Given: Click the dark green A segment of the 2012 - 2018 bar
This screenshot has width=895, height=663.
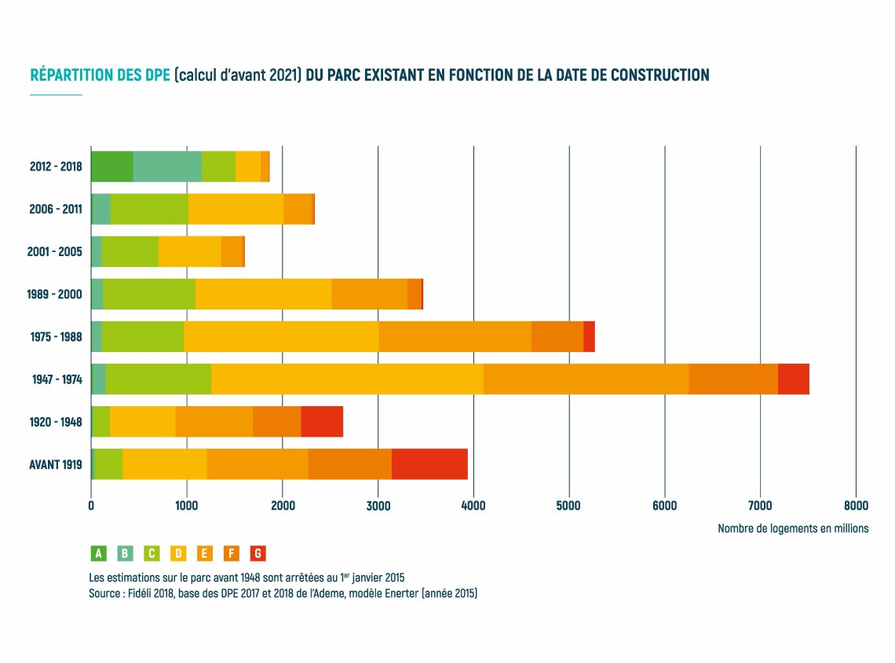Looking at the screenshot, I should click(112, 167).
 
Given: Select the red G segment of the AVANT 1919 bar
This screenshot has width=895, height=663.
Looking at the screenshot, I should click(429, 464).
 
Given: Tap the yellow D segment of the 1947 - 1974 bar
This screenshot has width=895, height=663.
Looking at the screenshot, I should click(347, 379).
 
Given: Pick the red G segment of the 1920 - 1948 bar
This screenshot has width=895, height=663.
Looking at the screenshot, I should click(322, 422).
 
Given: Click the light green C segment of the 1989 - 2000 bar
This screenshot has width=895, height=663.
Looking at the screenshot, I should click(149, 294).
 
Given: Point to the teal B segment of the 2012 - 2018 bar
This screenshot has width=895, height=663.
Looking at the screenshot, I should click(167, 167).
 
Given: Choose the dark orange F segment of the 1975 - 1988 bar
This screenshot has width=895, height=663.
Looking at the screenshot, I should click(557, 337).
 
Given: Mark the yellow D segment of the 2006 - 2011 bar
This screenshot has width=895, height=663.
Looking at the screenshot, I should click(236, 209).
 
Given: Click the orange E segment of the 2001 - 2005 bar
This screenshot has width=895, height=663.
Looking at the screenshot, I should click(232, 251).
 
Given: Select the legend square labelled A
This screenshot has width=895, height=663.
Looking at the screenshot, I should click(99, 554).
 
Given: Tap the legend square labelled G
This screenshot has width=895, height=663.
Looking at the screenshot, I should click(258, 554).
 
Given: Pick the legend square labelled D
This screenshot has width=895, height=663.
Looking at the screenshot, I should click(178, 554).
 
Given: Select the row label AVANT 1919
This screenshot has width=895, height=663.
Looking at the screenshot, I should click(56, 464).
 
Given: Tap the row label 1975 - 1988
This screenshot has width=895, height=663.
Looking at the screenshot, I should click(56, 337).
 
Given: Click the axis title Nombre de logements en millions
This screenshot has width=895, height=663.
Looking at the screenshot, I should click(793, 529).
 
